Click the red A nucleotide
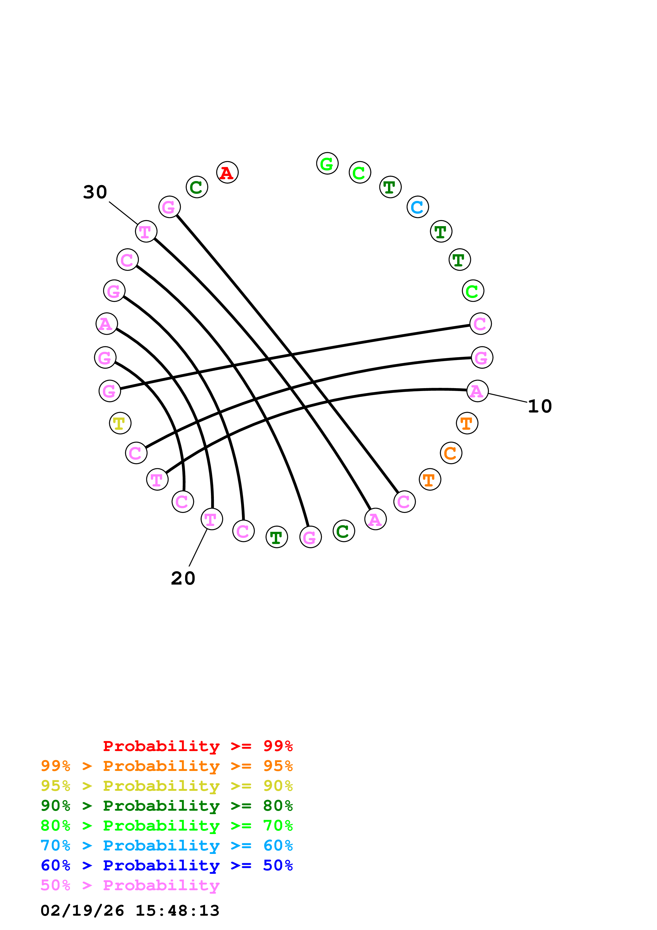click(227, 173)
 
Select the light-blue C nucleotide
click(417, 207)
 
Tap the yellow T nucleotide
click(120, 423)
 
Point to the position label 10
click(540, 406)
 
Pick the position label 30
click(95, 192)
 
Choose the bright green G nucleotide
click(327, 164)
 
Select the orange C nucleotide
click(451, 453)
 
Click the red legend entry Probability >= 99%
click(197, 746)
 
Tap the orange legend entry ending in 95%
click(166, 766)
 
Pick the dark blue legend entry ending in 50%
click(166, 866)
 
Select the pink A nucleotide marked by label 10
click(477, 391)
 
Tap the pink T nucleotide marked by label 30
click(146, 232)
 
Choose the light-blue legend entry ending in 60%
click(166, 846)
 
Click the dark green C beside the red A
click(197, 187)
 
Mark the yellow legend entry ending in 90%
click(166, 786)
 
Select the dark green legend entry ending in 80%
click(166, 806)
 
